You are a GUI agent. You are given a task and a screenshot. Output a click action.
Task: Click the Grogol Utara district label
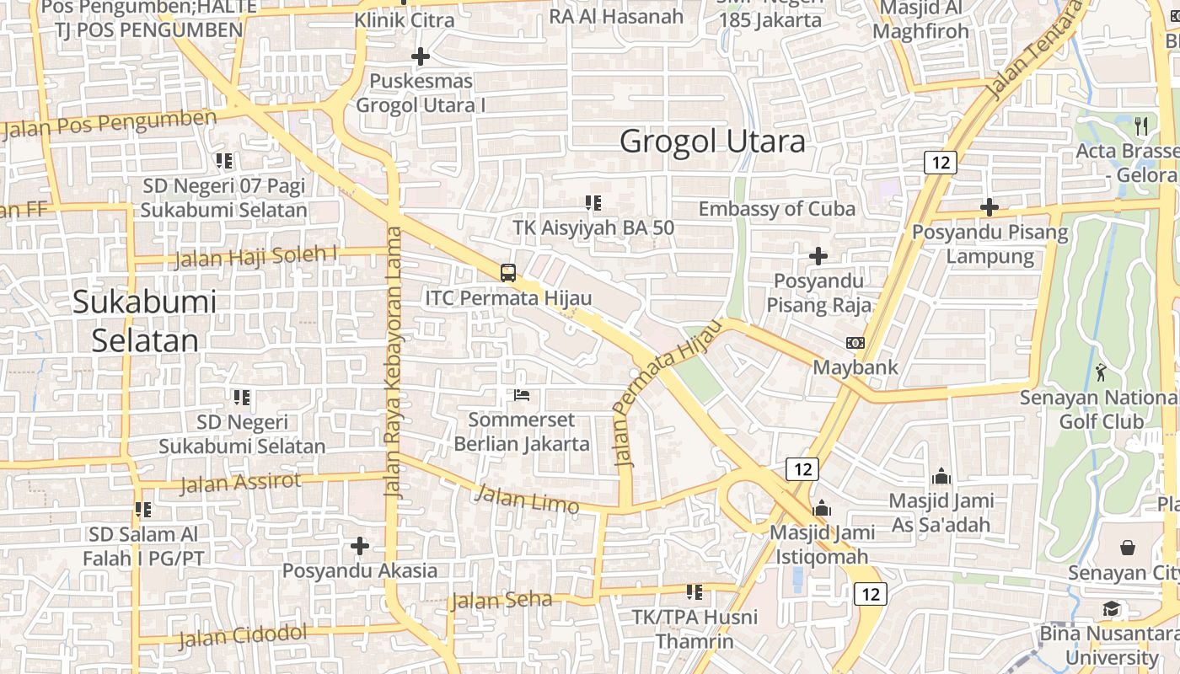click(x=712, y=141)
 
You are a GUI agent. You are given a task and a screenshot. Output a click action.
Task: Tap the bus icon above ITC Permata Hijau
click(x=508, y=272)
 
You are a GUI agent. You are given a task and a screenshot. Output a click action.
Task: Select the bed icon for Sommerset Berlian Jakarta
click(x=522, y=394)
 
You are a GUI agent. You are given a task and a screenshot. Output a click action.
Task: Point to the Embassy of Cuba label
click(x=776, y=208)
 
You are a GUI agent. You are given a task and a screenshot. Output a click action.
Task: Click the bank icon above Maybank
click(x=855, y=343)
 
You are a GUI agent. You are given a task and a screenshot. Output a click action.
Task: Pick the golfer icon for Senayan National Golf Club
click(x=1101, y=371)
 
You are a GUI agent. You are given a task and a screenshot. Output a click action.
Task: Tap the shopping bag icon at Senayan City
click(x=1128, y=548)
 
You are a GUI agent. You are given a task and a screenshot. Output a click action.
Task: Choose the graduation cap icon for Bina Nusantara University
click(x=1112, y=609)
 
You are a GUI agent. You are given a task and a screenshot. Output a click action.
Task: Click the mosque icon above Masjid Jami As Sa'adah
click(x=941, y=476)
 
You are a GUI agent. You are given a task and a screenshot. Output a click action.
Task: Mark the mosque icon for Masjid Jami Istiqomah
click(x=821, y=508)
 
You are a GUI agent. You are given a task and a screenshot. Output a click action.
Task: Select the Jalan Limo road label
click(x=527, y=498)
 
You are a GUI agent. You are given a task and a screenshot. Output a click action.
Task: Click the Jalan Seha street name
click(x=501, y=601)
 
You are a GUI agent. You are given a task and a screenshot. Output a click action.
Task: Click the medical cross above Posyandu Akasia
click(x=360, y=546)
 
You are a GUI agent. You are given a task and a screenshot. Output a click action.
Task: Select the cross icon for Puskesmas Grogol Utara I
click(x=420, y=56)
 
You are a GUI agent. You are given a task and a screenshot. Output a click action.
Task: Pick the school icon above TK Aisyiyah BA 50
click(x=593, y=202)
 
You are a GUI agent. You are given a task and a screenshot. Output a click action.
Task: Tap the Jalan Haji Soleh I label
click(x=256, y=255)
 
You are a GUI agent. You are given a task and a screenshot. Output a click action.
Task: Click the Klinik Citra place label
click(x=404, y=20)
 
